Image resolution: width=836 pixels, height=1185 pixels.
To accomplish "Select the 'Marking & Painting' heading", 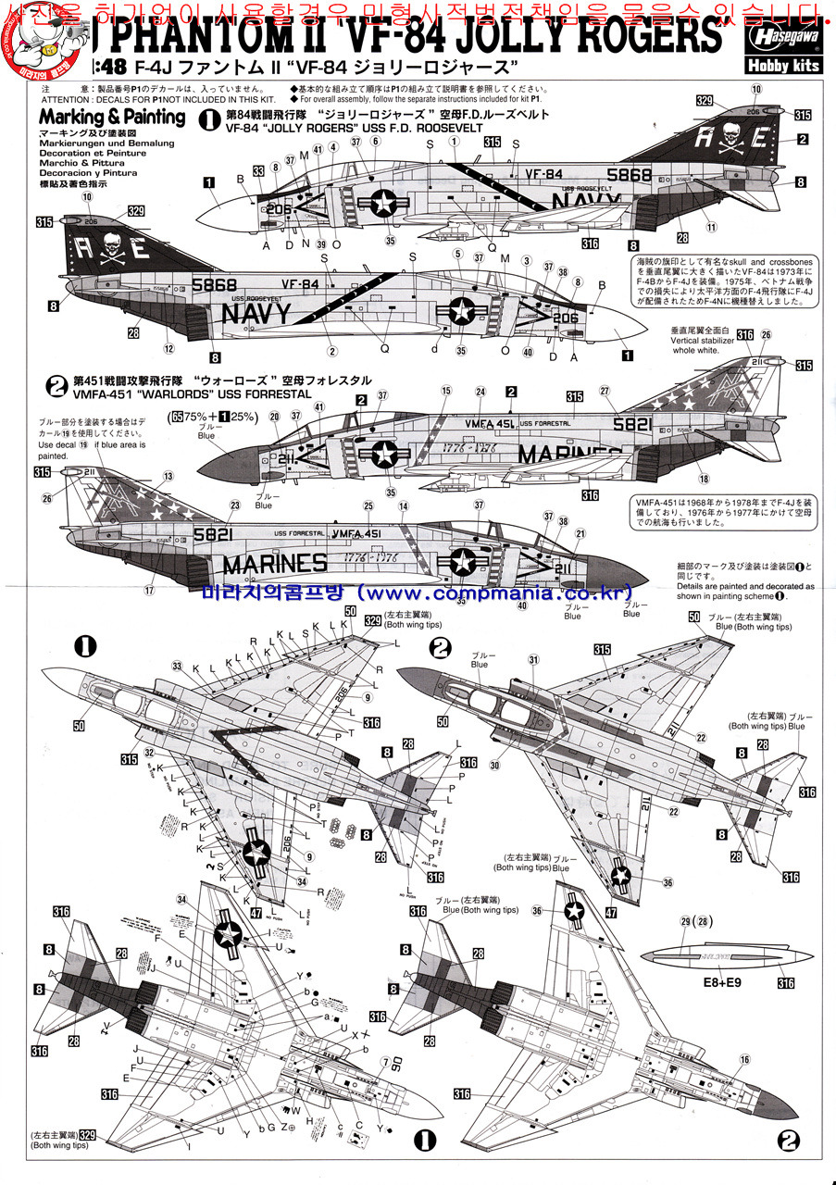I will (x=112, y=117).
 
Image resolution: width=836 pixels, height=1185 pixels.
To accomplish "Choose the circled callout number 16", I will (x=745, y=1060).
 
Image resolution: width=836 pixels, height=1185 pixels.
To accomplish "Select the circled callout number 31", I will (x=533, y=659).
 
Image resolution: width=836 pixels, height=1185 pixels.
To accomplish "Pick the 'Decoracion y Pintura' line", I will (x=88, y=173).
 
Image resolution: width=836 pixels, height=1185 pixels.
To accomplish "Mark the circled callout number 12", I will (x=168, y=350).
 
